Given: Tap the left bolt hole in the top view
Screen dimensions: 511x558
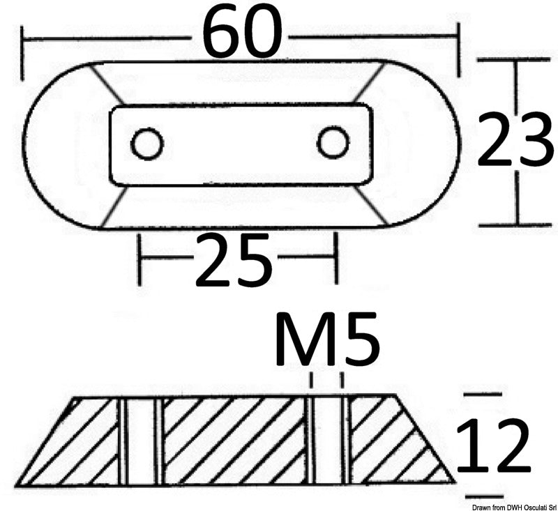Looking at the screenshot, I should (x=147, y=144).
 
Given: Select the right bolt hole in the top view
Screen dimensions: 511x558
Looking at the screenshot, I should (x=333, y=143).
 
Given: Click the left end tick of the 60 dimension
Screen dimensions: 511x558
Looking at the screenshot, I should (x=24, y=52).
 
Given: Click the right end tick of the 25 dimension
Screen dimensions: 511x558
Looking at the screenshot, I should (x=336, y=259).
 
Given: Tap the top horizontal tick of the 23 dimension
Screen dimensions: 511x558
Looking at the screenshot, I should (x=516, y=61).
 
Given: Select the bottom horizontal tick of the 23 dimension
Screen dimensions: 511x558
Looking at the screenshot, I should (x=516, y=224).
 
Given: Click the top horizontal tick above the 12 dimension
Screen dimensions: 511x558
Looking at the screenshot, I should (x=483, y=395).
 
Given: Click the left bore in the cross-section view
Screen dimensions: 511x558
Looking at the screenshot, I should (x=140, y=441).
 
